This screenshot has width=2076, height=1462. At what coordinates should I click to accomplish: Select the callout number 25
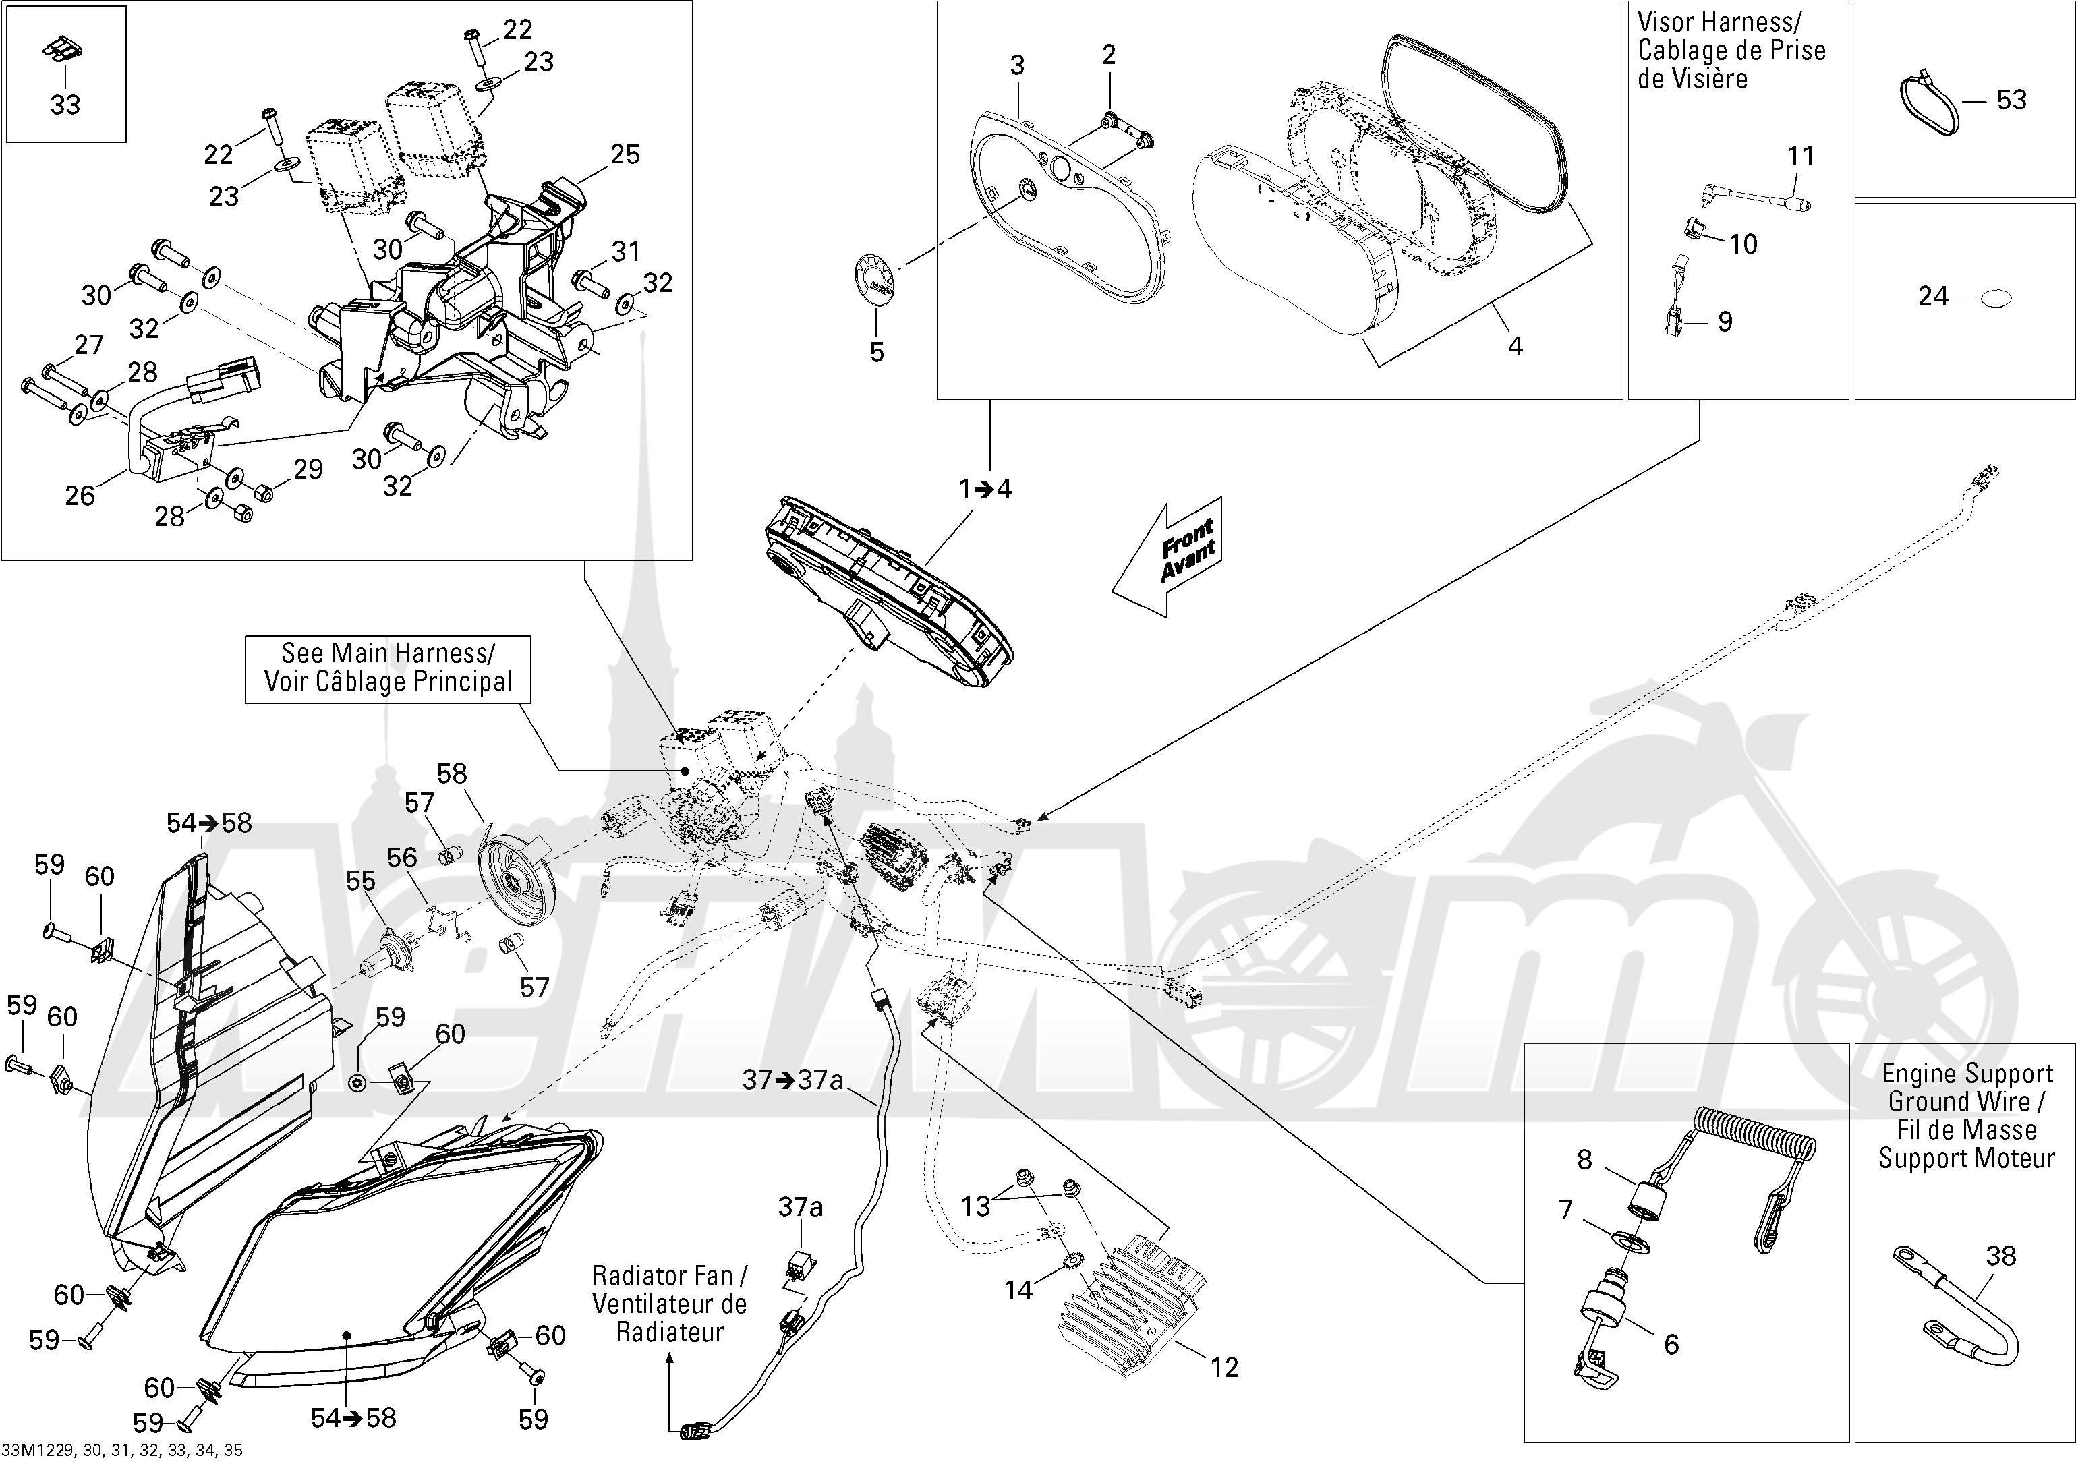[625, 154]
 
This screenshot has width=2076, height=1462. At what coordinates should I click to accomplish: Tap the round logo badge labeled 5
[874, 282]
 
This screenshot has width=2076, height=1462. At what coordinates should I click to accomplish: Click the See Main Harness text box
[388, 668]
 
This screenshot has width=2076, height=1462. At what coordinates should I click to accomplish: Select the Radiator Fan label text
[669, 1303]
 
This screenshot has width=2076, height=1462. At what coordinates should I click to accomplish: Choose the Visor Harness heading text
[1731, 50]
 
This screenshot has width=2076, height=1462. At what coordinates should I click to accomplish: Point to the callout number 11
[1801, 156]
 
